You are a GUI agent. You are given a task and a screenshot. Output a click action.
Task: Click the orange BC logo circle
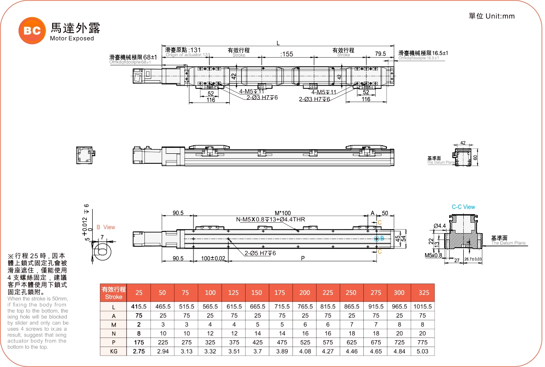tap(32, 30)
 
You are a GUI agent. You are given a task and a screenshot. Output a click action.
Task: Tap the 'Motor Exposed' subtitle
tap(72, 39)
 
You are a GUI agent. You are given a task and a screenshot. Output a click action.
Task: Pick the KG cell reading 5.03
tap(422, 351)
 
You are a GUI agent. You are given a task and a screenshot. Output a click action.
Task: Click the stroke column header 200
tap(305, 293)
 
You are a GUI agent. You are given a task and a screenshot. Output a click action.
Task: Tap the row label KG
tap(114, 351)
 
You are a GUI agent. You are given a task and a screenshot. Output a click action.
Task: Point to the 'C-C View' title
tap(463, 207)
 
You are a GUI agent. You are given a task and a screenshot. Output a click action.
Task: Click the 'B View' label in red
tap(106, 227)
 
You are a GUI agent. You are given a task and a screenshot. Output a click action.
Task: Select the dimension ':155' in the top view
tap(287, 54)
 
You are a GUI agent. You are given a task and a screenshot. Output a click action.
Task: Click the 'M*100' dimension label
tap(283, 213)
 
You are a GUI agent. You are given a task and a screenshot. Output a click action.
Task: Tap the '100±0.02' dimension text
tap(213, 258)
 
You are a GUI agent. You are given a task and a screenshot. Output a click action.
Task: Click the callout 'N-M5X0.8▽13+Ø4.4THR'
tap(270, 220)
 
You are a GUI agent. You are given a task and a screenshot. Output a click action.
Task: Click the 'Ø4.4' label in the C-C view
tap(440, 225)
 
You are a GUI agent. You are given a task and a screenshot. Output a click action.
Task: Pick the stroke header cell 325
tap(422, 293)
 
